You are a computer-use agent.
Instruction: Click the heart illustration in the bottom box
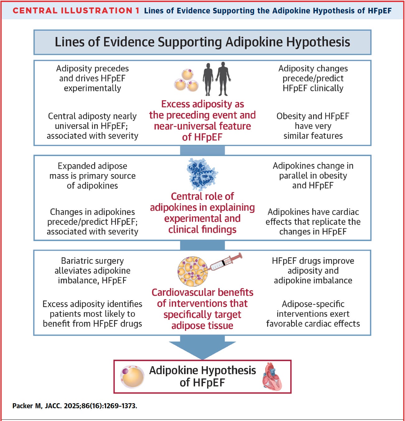click(272, 377)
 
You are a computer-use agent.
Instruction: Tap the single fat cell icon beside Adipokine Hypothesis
click(133, 377)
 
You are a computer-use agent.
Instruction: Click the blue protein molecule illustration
click(202, 174)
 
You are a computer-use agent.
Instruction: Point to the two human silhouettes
click(217, 78)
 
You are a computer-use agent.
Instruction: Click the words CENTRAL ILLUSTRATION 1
click(76, 11)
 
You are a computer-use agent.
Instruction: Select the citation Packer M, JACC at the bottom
click(75, 406)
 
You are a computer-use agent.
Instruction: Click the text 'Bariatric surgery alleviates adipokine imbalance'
click(93, 270)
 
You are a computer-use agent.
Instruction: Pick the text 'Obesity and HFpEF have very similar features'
click(313, 126)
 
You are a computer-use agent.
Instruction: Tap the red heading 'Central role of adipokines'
click(202, 213)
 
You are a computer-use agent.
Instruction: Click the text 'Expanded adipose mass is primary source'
click(93, 176)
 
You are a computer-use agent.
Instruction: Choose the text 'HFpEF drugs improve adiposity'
click(313, 270)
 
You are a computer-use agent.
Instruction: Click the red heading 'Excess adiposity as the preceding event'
click(202, 120)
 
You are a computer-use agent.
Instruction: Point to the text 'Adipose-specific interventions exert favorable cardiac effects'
click(313, 314)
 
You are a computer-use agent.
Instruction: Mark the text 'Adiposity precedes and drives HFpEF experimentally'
click(93, 78)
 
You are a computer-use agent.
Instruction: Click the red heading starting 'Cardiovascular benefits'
click(202, 309)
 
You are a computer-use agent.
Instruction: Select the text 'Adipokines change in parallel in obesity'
click(313, 176)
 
